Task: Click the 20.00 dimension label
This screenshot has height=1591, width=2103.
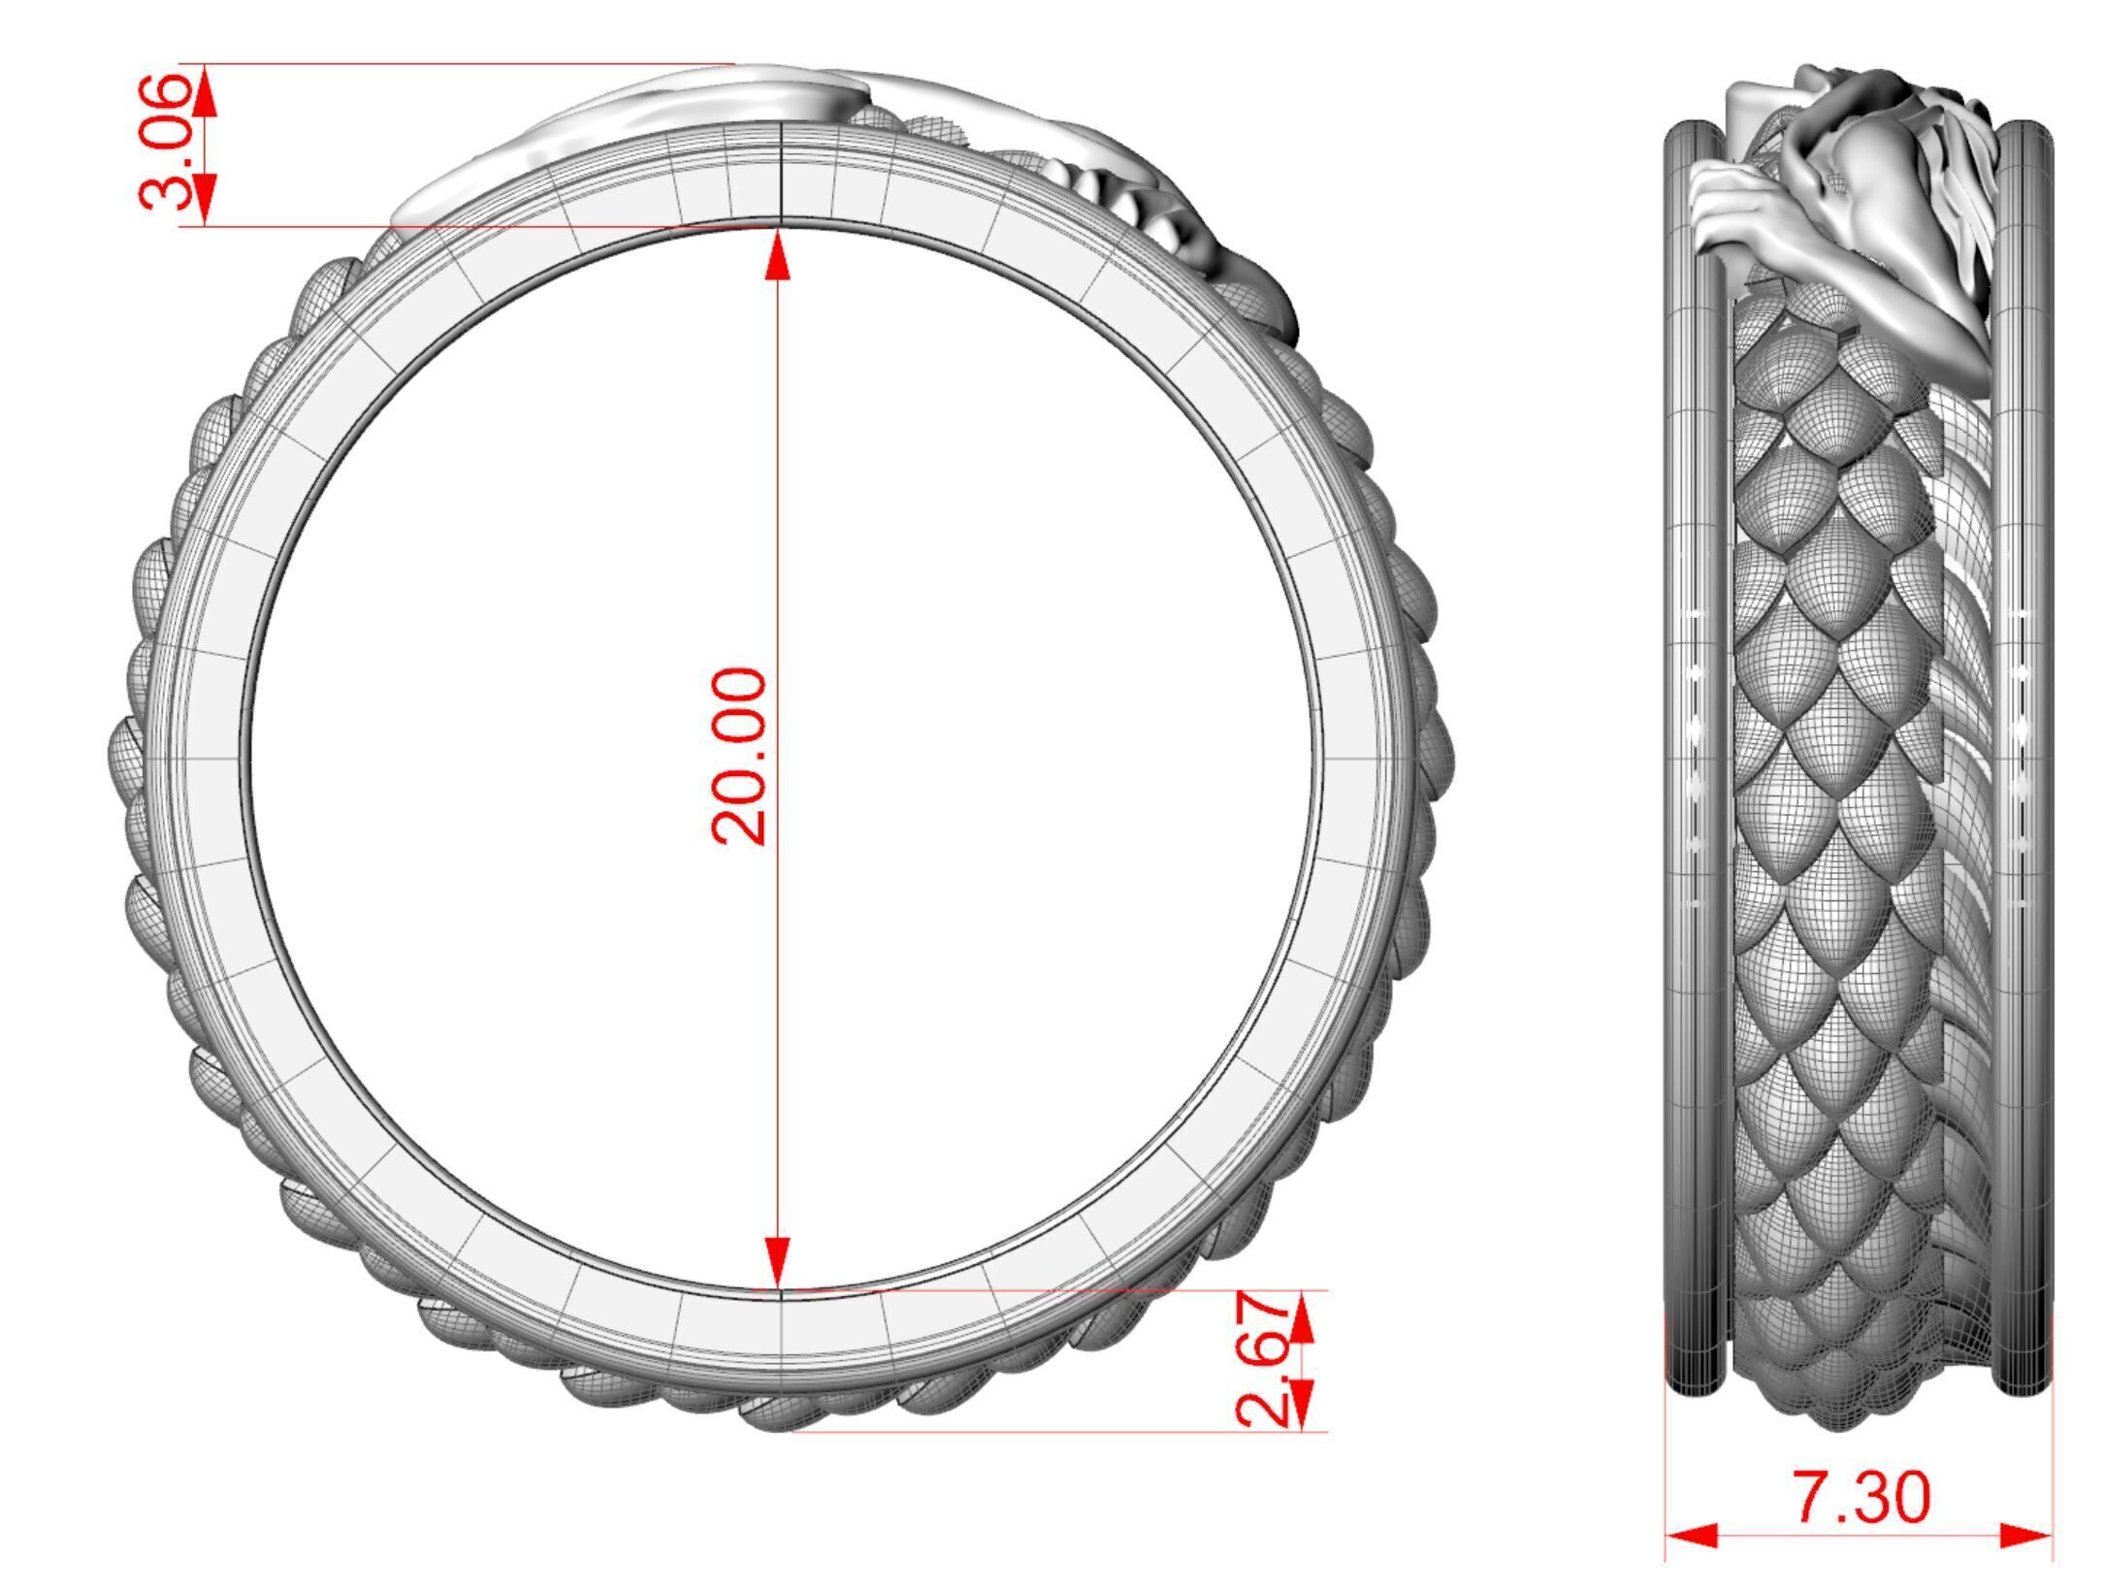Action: (x=740, y=756)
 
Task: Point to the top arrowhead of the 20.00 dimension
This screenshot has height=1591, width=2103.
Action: (x=778, y=254)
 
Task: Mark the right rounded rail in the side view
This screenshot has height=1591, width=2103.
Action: (x=2025, y=757)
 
